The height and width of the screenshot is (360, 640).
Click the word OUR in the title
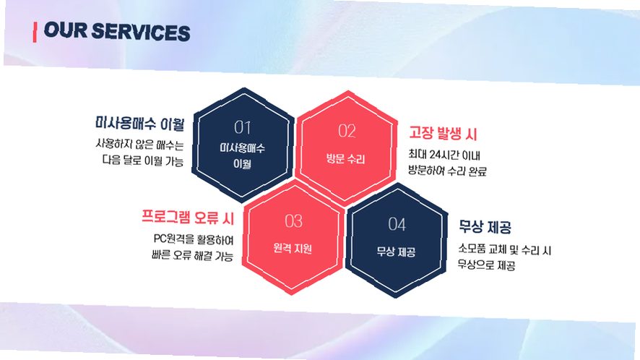coord(65,30)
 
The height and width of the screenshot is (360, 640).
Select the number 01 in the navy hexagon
coord(243,127)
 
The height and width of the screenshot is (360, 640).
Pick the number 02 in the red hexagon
coord(347,131)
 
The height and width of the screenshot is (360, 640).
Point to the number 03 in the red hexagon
coord(294,221)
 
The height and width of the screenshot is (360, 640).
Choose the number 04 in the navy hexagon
coord(397,224)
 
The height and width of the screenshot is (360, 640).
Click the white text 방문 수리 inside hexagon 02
coord(346,158)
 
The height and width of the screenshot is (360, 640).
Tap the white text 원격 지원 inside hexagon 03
coord(293,248)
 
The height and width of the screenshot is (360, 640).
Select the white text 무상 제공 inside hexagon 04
coord(396,252)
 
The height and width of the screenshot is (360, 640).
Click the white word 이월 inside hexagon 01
coord(242,163)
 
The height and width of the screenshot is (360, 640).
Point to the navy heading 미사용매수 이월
coord(140,123)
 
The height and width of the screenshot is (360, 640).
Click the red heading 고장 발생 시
coord(443,133)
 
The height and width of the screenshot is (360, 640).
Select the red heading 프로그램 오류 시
coord(188,217)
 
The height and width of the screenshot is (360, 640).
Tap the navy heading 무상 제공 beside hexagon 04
coord(485,226)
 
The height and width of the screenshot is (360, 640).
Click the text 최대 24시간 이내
coord(444,155)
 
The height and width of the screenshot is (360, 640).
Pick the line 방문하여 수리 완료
coord(447,171)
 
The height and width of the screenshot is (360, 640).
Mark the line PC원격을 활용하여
coord(194,239)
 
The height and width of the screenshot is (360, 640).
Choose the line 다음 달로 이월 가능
coord(143,160)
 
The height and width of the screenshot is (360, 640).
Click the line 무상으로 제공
coord(486,265)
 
